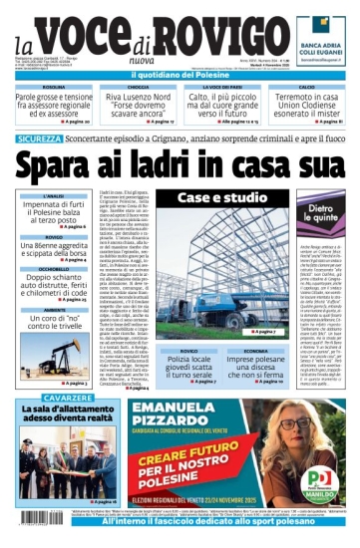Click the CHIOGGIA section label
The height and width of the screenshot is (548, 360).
tap(136, 87)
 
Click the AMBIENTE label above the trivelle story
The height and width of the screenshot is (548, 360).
tap(55, 310)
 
